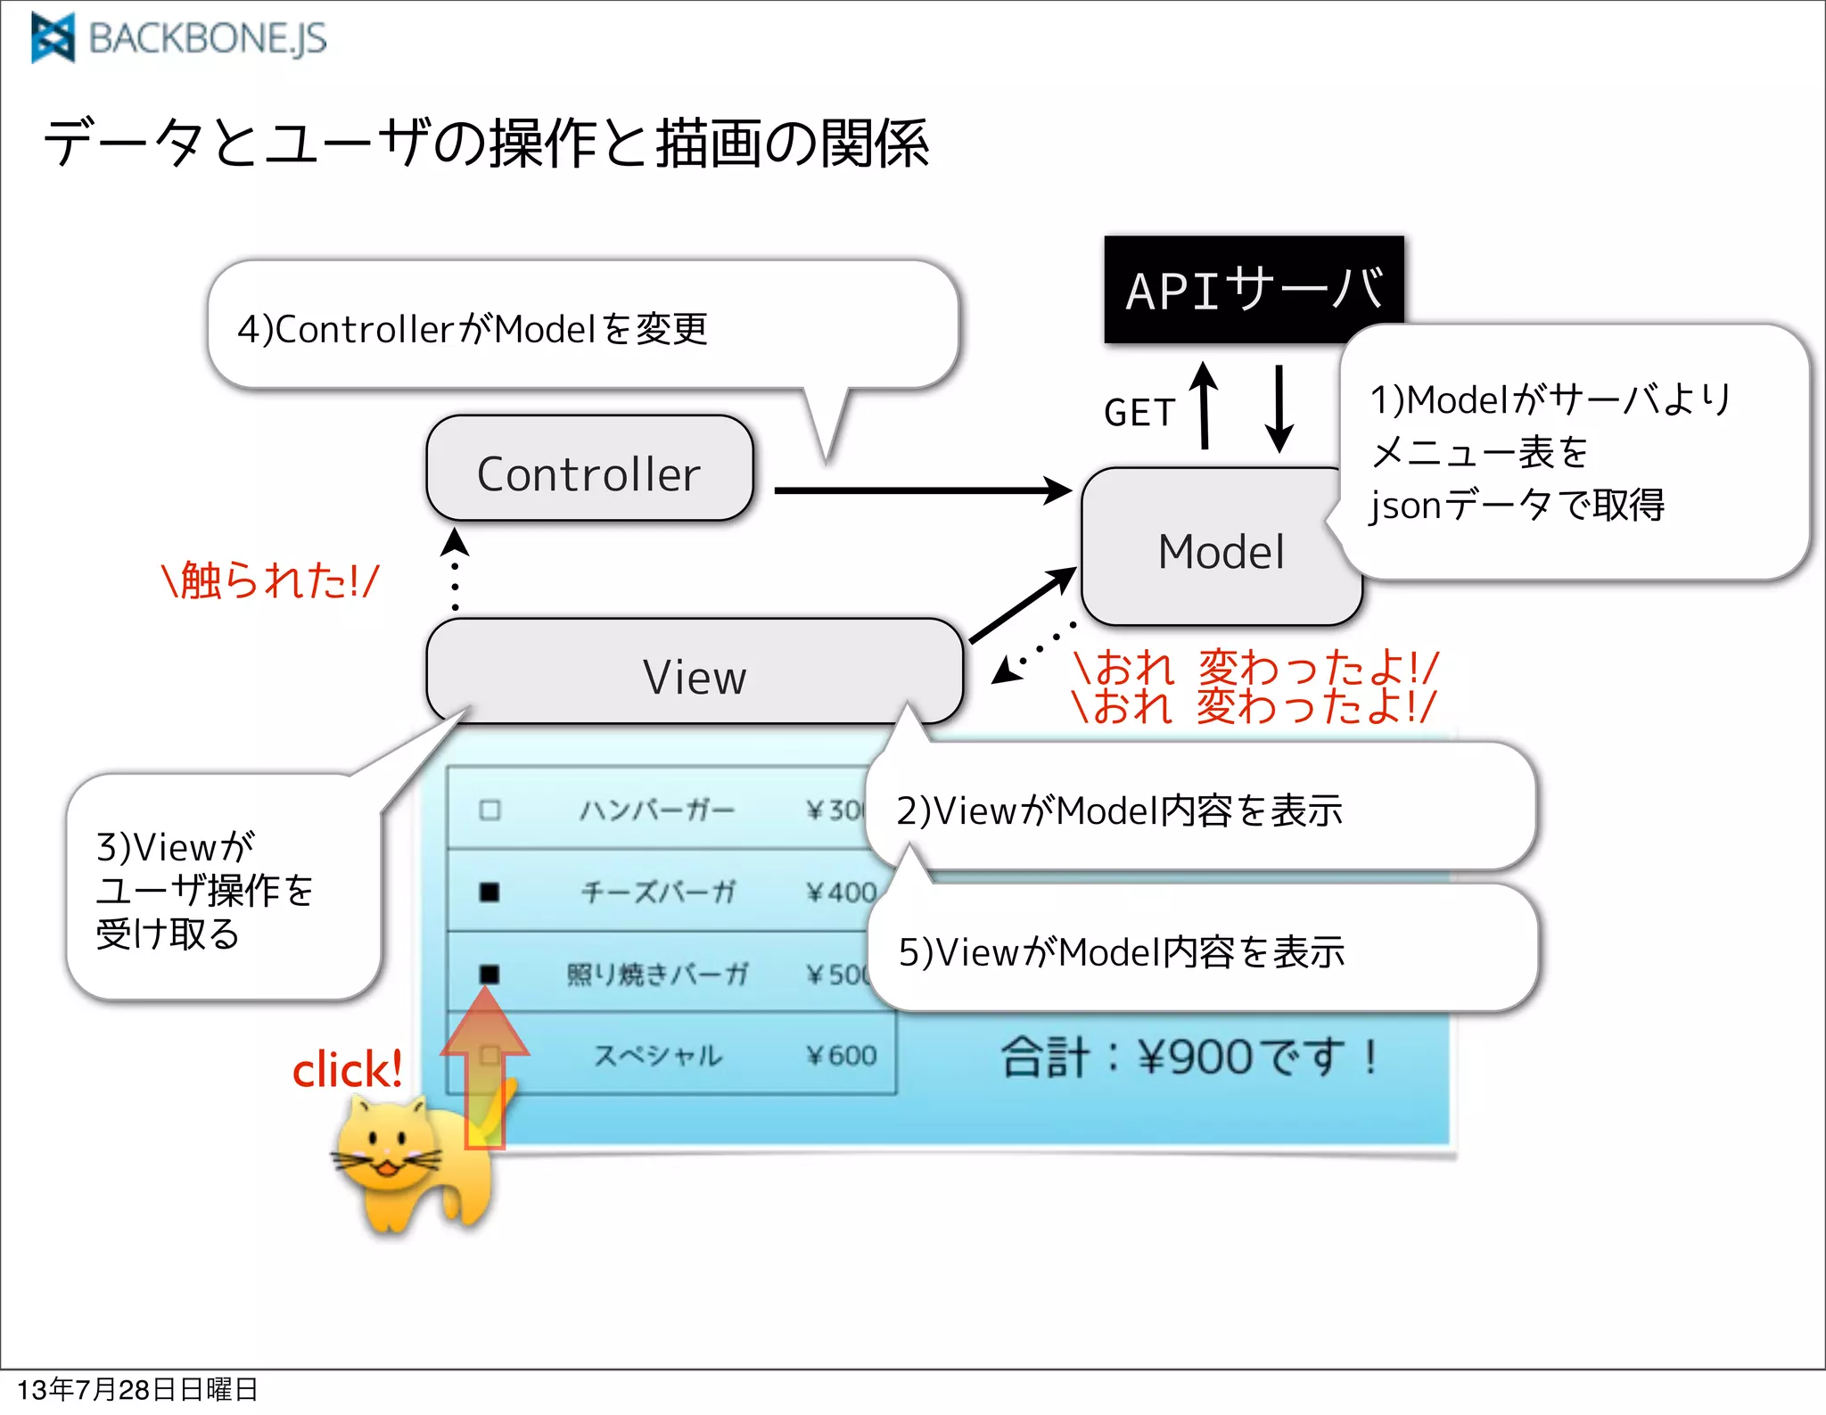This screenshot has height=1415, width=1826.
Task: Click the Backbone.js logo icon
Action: pos(53,38)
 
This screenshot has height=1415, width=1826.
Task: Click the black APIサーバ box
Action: pos(1253,289)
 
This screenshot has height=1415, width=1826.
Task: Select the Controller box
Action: pos(589,470)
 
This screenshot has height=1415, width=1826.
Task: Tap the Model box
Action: pos(1220,550)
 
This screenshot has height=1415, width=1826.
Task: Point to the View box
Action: pos(694,675)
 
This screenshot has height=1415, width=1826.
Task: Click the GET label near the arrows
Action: pos(1139,413)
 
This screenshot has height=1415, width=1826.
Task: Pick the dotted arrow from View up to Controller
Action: pos(455,571)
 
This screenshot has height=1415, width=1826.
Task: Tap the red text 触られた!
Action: pos(270,580)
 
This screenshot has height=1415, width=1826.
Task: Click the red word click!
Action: pos(348,1069)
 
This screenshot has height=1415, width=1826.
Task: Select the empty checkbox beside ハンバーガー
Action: pos(489,810)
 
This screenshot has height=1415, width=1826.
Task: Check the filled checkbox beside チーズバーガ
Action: pos(489,892)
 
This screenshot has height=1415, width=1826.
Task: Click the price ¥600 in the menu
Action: pos(841,1055)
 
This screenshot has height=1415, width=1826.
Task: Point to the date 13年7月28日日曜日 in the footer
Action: pos(137,1389)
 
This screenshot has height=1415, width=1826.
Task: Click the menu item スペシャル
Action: pos(658,1055)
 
